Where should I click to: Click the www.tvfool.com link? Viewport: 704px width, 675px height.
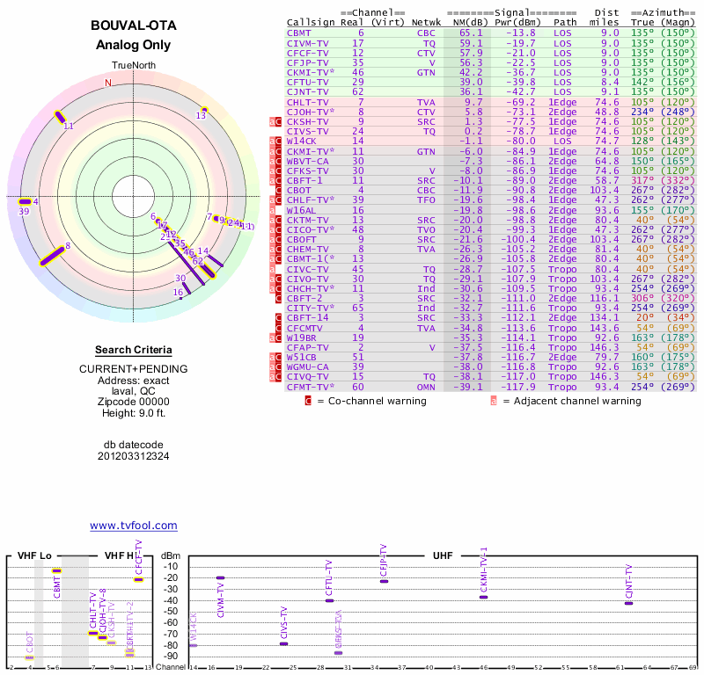(134, 526)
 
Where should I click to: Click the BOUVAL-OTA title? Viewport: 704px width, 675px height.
(132, 25)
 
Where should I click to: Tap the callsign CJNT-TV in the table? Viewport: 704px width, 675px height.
(307, 91)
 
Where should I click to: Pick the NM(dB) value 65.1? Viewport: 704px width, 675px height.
(471, 33)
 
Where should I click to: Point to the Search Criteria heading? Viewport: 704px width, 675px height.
(133, 350)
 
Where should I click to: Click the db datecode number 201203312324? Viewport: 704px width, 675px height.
(133, 456)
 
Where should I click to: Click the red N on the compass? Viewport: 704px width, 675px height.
(108, 83)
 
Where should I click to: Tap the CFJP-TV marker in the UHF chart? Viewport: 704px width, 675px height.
(383, 581)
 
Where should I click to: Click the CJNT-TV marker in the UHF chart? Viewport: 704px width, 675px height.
(628, 603)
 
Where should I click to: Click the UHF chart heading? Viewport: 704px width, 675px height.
(443, 555)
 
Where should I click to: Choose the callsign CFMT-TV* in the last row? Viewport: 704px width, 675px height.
(311, 387)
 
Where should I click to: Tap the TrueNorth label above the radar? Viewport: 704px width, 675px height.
(132, 67)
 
